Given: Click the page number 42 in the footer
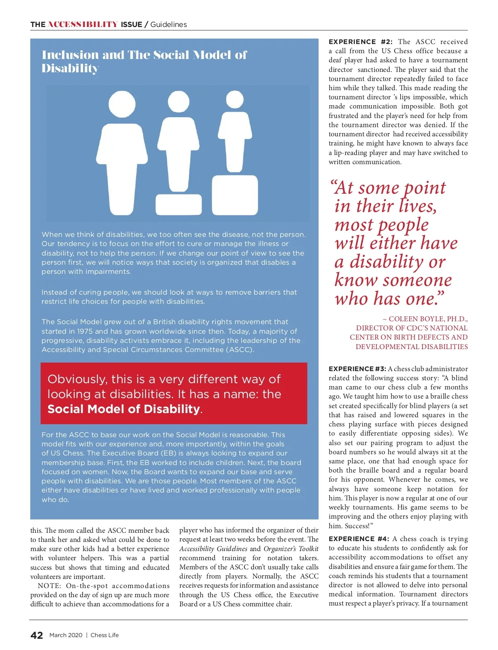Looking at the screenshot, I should point(37,635).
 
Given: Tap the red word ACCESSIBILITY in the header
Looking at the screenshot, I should point(83,25).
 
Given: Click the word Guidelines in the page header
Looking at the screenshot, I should point(168,25).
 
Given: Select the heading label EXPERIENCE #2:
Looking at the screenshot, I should point(360,42).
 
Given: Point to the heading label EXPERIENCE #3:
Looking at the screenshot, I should point(357,369).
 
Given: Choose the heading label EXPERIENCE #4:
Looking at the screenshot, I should point(359,539).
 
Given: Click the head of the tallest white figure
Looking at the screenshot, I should point(122,105).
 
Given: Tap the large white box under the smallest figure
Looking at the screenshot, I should point(235,195).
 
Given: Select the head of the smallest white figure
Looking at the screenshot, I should point(235,100).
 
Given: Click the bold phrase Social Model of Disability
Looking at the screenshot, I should point(124,409).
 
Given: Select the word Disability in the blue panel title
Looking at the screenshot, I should point(70,69).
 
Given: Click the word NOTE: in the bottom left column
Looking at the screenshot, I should point(49,586).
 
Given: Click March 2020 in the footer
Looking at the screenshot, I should point(66,635).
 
